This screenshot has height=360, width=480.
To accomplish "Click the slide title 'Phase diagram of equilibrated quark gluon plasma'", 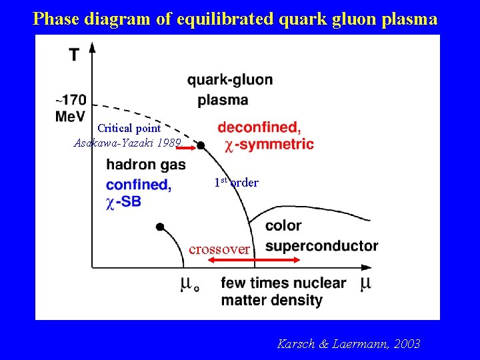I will coord(235,19).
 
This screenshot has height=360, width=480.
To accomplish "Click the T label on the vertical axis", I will coord(77,54).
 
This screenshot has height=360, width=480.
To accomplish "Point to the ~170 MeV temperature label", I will coord(71,107).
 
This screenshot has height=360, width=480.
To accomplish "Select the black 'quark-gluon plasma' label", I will coord(229,90).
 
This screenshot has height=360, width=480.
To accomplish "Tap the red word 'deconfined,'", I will coord(259,127).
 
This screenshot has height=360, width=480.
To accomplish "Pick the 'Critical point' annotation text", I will coord(129,128).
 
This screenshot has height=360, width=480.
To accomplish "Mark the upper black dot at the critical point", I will coord(201,145).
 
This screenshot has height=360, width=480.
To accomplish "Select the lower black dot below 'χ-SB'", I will coord(160,227).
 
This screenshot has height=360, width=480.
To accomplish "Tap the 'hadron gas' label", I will coord(146,165).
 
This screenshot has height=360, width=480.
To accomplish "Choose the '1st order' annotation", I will coord(236,182).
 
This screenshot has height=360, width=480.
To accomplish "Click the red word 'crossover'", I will coord(219,249).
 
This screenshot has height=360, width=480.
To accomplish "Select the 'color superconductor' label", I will coord(321,236).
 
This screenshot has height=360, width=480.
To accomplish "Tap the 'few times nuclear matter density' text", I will coord(283,291).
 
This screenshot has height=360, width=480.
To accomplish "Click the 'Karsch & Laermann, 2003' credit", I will coord(348,344).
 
